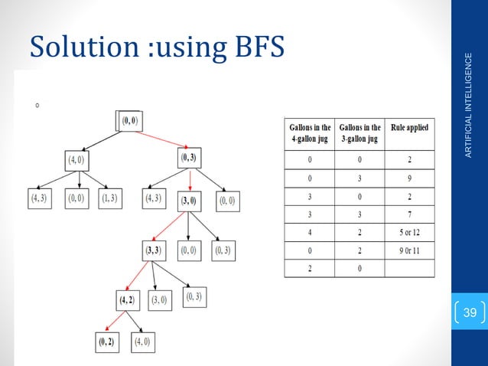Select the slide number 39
471,312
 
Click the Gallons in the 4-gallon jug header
310,132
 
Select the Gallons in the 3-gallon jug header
360,132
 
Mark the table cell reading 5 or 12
409,231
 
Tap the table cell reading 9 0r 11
409,250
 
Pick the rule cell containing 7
409,213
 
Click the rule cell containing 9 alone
409,177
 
